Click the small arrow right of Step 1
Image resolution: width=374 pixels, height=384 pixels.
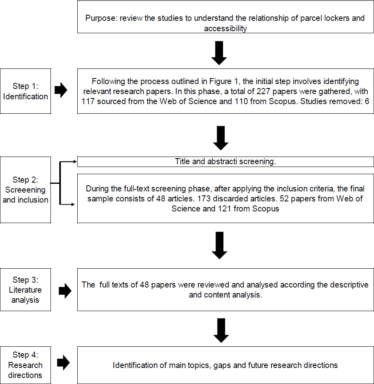click(61, 90)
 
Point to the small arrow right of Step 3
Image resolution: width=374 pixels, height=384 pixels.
click(65, 291)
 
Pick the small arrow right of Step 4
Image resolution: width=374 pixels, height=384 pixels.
click(63, 362)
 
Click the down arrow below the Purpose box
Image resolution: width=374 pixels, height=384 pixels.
click(219, 53)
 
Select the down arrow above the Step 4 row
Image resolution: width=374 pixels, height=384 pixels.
click(221, 330)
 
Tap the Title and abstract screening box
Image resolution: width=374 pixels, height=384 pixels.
click(225, 162)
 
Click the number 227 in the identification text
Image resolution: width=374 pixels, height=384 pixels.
click(263, 91)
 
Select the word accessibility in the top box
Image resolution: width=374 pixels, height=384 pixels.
click(225, 29)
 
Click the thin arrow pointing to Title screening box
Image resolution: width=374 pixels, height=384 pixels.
click(68, 162)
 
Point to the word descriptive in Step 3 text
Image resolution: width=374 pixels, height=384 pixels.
click(349, 285)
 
